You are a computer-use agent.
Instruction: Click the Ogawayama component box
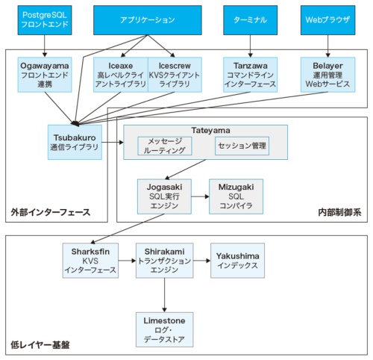pos(45,75)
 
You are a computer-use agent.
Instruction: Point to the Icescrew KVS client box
pos(175,75)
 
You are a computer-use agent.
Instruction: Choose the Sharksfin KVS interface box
pos(90,260)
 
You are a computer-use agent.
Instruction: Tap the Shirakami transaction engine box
pos(164,260)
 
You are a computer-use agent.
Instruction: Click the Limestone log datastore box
pos(164,329)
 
